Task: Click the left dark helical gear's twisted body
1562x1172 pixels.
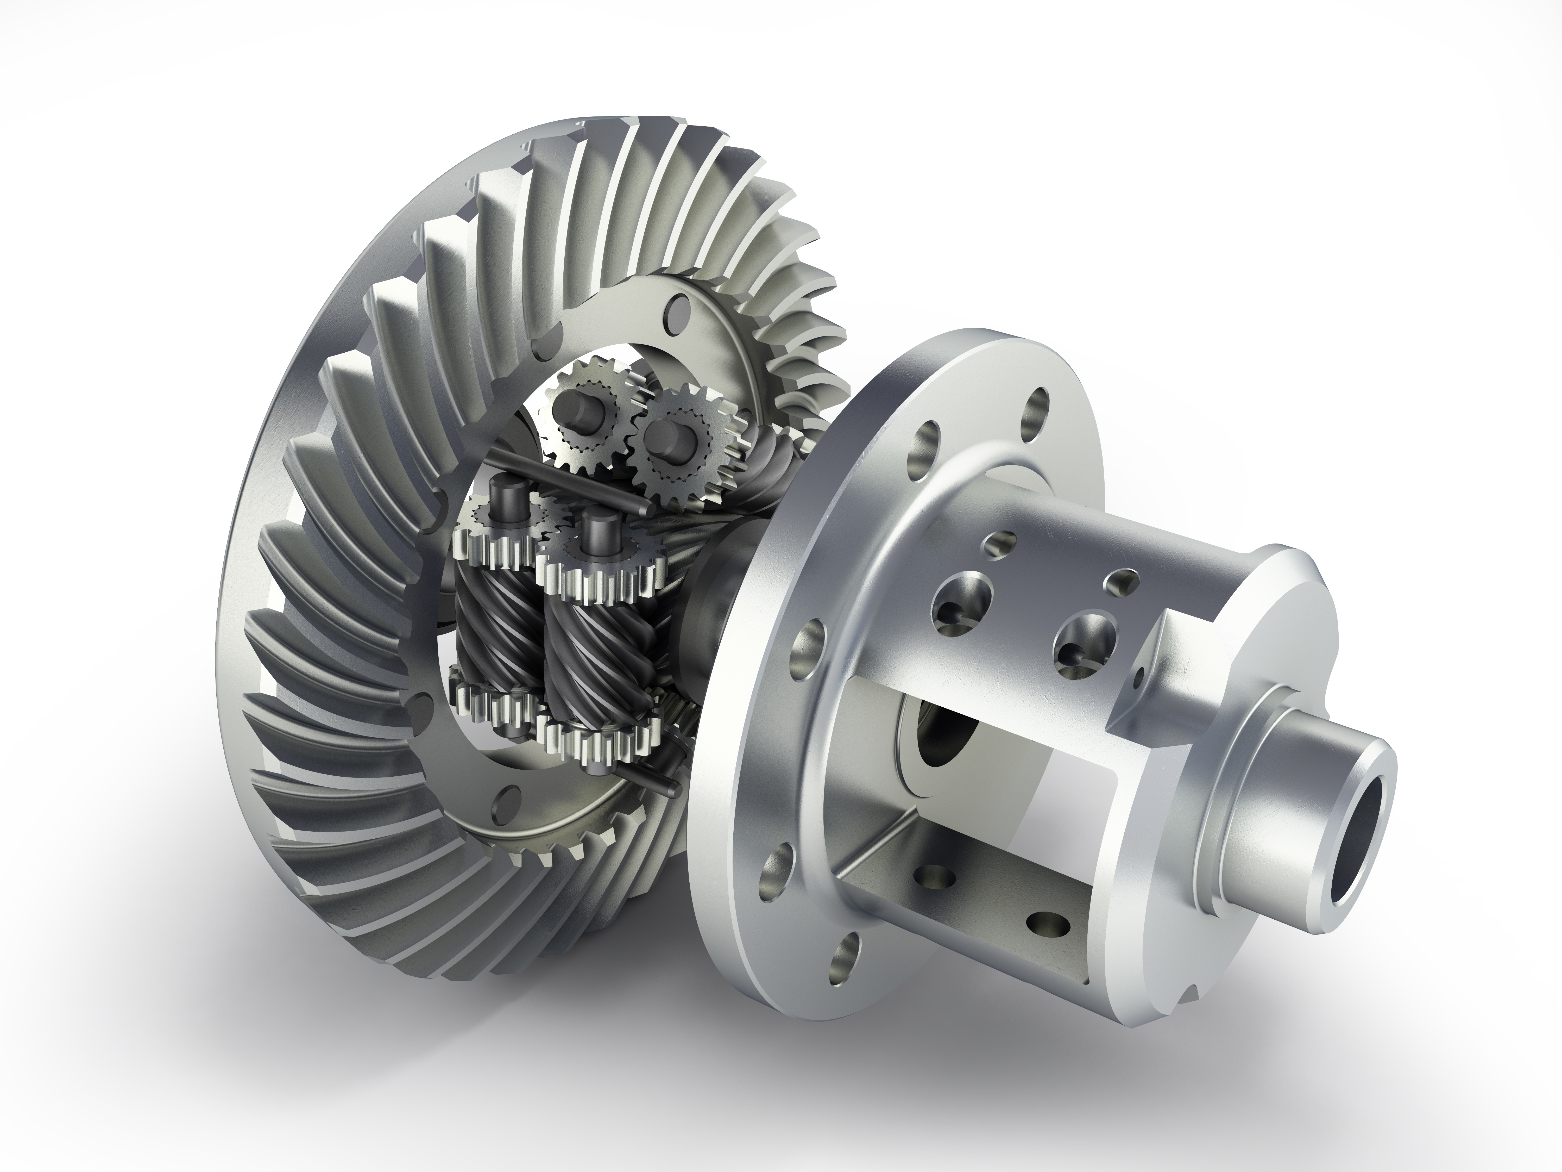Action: pyautogui.click(x=487, y=629)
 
